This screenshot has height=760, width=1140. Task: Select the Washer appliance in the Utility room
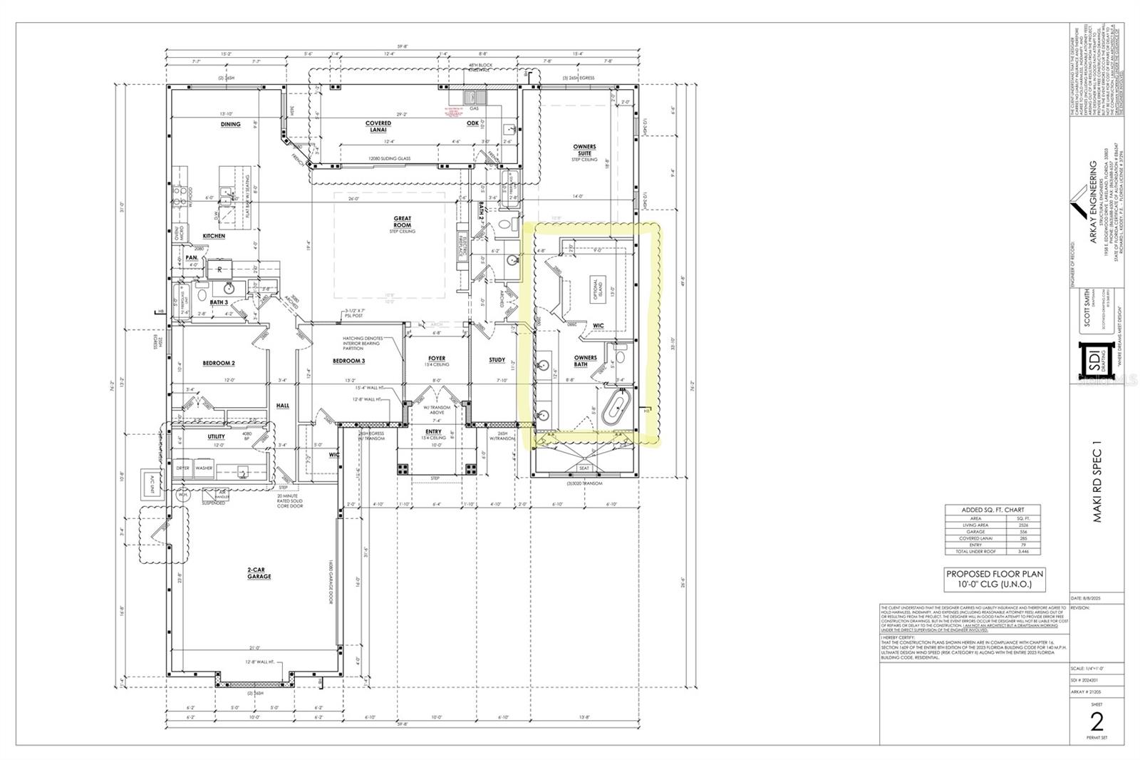(x=204, y=468)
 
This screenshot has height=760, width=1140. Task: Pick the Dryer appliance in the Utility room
(x=183, y=468)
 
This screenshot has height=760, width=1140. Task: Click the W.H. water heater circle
(x=182, y=495)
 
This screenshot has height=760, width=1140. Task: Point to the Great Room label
(x=403, y=222)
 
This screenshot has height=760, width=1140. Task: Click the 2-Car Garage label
(x=259, y=572)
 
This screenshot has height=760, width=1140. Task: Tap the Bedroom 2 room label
(x=219, y=363)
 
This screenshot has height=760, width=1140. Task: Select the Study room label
(x=497, y=360)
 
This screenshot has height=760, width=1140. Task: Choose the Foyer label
(x=437, y=359)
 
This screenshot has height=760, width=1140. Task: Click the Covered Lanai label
(x=378, y=126)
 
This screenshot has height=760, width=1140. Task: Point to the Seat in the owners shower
(x=584, y=468)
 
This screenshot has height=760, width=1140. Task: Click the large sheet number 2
(x=1097, y=722)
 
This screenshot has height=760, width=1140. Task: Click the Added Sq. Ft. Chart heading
(x=993, y=510)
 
